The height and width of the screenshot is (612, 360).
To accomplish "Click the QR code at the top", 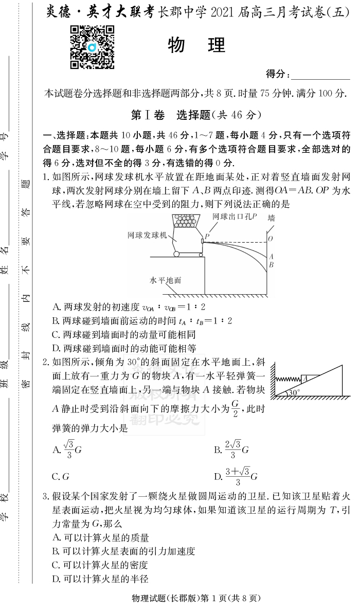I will (x=92, y=47).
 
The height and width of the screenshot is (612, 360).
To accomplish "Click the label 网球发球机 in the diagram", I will (x=148, y=235).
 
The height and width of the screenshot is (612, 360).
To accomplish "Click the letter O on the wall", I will (x=271, y=239).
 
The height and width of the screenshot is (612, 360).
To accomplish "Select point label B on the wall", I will (x=271, y=265).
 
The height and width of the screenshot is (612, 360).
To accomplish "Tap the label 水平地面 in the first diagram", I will (x=165, y=281).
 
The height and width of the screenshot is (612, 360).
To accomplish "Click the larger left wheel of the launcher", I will (x=177, y=253).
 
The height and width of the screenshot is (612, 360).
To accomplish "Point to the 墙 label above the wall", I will (x=271, y=218).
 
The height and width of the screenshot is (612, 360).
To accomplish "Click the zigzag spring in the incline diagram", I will (x=286, y=379).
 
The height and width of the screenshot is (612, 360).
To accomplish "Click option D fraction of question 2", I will (x=236, y=476).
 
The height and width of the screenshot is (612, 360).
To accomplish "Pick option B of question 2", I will (x=231, y=449).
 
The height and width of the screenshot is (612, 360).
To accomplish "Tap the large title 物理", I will (x=196, y=46).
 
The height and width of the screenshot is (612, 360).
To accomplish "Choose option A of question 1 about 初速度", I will (x=129, y=307).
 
